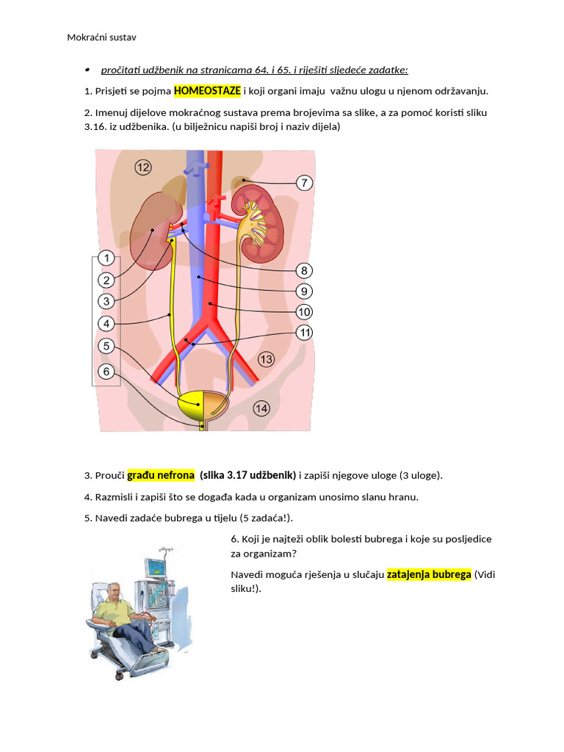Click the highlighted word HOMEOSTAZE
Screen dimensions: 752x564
[207, 91]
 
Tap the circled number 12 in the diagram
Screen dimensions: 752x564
[142, 168]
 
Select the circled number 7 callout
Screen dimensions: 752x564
[304, 183]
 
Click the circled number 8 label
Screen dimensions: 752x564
[304, 270]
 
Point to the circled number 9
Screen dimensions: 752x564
[304, 291]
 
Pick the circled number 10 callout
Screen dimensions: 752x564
[304, 312]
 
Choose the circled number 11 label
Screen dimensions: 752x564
[304, 333]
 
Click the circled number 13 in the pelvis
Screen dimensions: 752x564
[265, 359]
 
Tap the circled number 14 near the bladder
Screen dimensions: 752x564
[261, 408]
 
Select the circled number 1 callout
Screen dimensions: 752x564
[106, 258]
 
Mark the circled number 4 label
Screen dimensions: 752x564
[106, 323]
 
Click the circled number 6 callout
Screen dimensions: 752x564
[106, 372]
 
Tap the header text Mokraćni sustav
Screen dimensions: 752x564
[102, 37]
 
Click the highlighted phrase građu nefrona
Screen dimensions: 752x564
[161, 475]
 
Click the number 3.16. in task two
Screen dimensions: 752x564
[98, 126]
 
